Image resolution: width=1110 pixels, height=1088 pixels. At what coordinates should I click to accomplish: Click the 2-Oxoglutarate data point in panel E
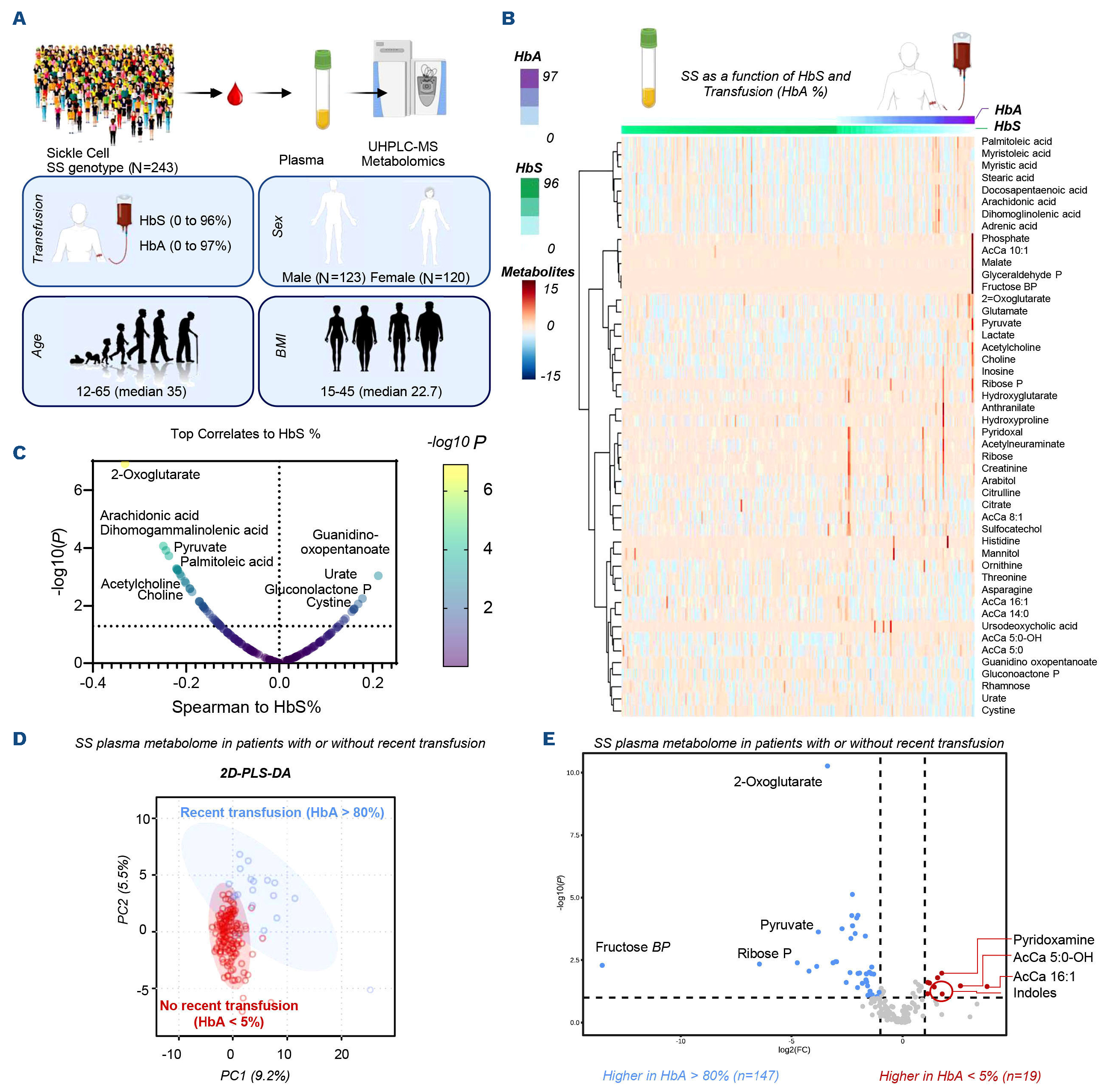827,766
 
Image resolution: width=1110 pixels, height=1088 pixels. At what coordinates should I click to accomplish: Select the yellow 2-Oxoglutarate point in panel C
125,464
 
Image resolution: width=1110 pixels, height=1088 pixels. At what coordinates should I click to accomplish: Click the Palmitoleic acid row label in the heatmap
1016,141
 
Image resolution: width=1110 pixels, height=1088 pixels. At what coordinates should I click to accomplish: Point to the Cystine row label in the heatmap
998,710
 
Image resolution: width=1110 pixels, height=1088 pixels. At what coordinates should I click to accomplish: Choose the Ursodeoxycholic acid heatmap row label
1029,626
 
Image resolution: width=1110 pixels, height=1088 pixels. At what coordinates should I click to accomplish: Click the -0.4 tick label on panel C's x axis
93,683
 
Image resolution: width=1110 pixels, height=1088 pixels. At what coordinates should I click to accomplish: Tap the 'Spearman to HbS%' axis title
246,707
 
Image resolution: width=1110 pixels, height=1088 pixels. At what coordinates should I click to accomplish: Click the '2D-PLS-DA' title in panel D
256,773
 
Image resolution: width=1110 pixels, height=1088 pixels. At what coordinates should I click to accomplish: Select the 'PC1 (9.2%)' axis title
255,1076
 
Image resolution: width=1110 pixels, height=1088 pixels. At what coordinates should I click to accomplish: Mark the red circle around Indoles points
942,991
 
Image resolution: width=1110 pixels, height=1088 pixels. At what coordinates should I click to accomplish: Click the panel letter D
20,739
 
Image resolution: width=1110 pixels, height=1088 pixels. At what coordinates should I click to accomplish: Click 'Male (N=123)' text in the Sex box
324,278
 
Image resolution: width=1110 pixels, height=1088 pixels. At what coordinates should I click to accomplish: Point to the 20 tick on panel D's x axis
341,1054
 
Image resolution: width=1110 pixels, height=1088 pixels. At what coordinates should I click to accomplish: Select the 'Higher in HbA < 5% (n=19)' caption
960,1076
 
